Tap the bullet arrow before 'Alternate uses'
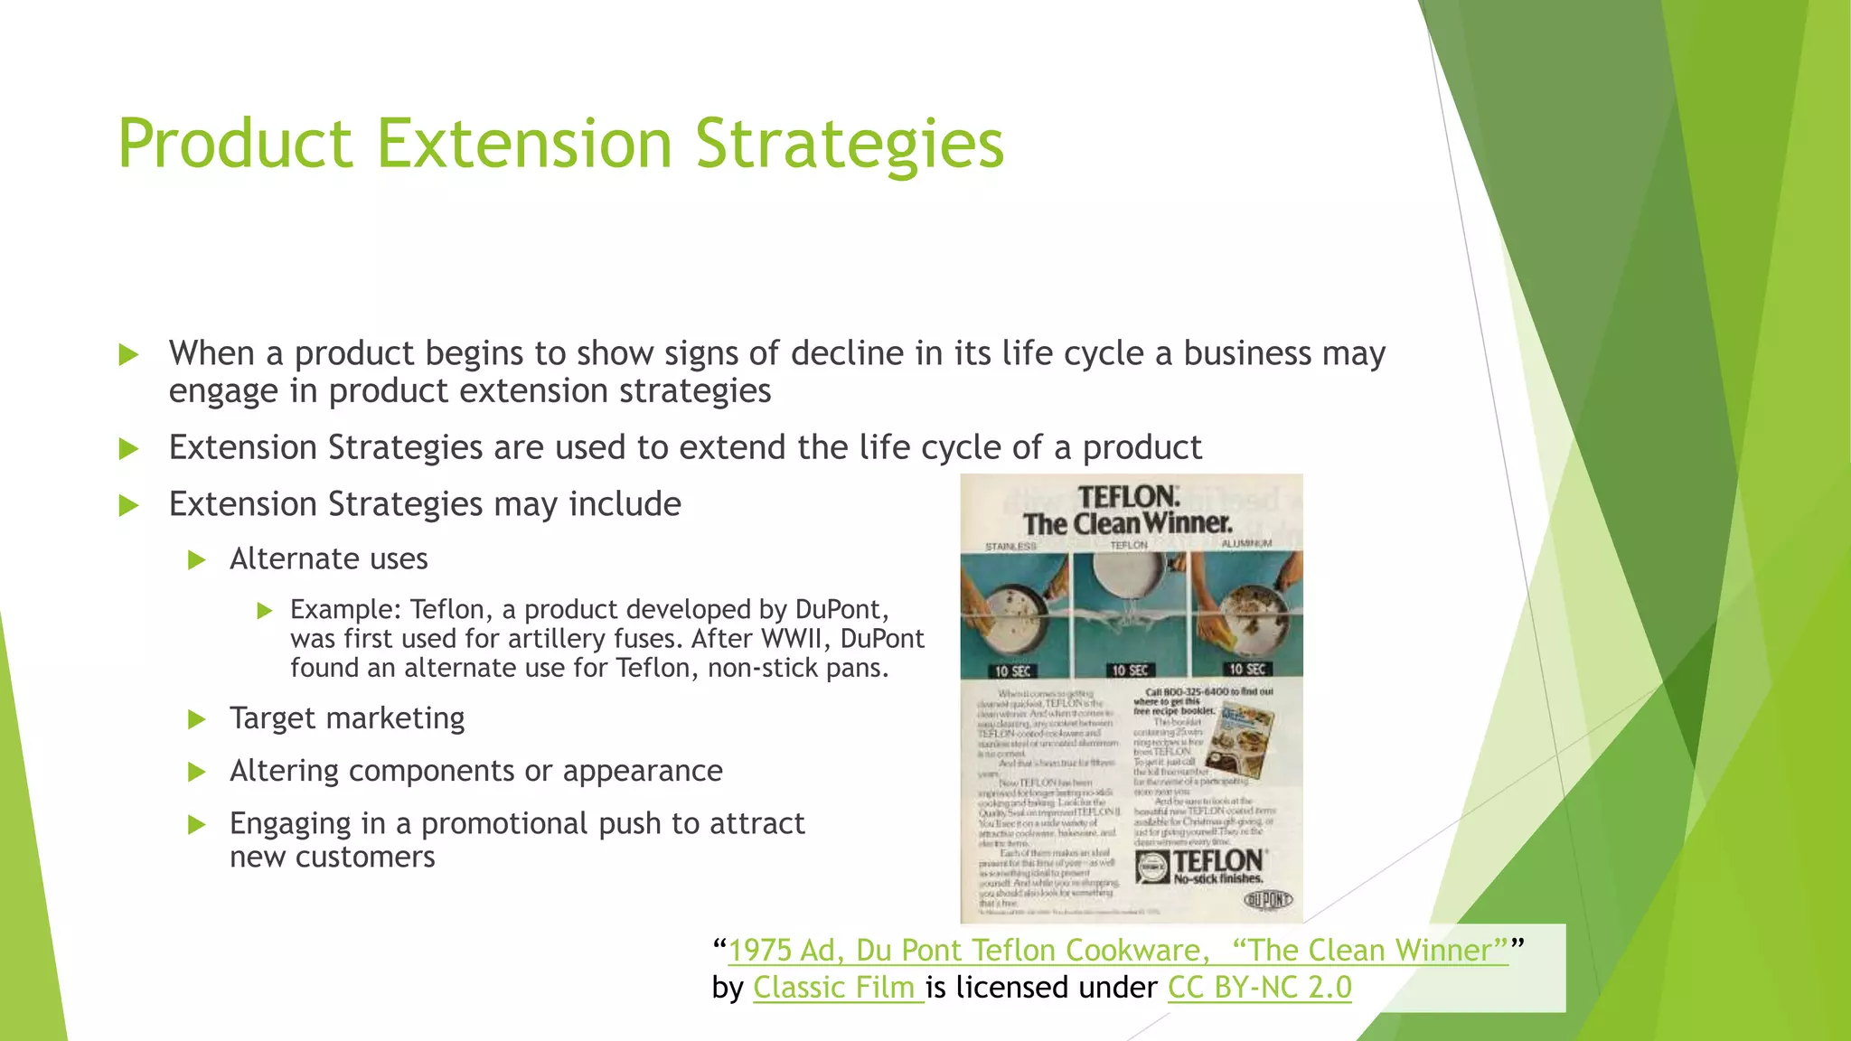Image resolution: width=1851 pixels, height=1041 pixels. point(197,560)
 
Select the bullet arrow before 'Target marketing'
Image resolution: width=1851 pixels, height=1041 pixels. point(197,719)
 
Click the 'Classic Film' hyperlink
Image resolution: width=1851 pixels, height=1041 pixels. point(837,987)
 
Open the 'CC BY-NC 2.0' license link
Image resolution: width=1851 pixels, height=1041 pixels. point(1259,987)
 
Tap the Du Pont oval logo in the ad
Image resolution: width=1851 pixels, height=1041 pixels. point(1268,899)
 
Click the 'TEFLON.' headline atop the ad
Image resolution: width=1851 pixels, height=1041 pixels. point(1129,497)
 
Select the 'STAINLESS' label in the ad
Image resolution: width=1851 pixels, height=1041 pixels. point(1010,546)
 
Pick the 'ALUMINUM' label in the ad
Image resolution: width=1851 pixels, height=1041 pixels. point(1246,543)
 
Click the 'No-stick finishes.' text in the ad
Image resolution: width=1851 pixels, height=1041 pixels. point(1217,878)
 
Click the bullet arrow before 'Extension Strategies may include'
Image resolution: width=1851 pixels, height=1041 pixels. point(129,505)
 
